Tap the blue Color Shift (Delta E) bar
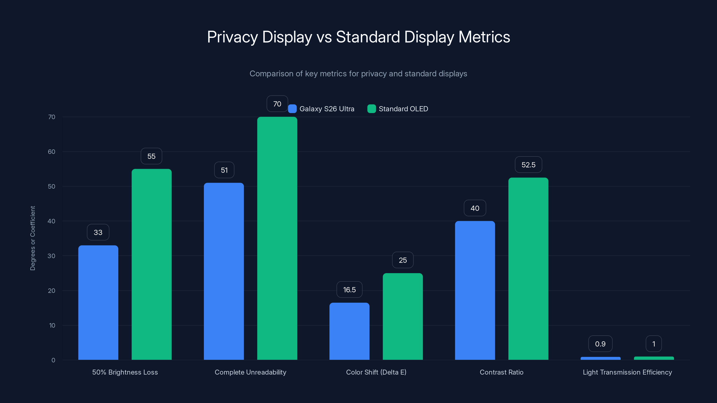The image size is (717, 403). click(349, 331)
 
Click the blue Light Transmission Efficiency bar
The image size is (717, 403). click(600, 358)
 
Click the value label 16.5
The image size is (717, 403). click(349, 289)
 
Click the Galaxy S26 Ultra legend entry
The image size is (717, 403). click(322, 109)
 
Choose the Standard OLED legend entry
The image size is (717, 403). click(398, 109)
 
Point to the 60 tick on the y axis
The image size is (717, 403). click(52, 152)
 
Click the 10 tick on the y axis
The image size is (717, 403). click(52, 325)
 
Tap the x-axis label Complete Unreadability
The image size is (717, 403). click(250, 372)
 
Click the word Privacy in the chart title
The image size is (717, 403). click(232, 37)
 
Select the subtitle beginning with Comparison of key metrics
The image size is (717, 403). click(358, 74)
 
